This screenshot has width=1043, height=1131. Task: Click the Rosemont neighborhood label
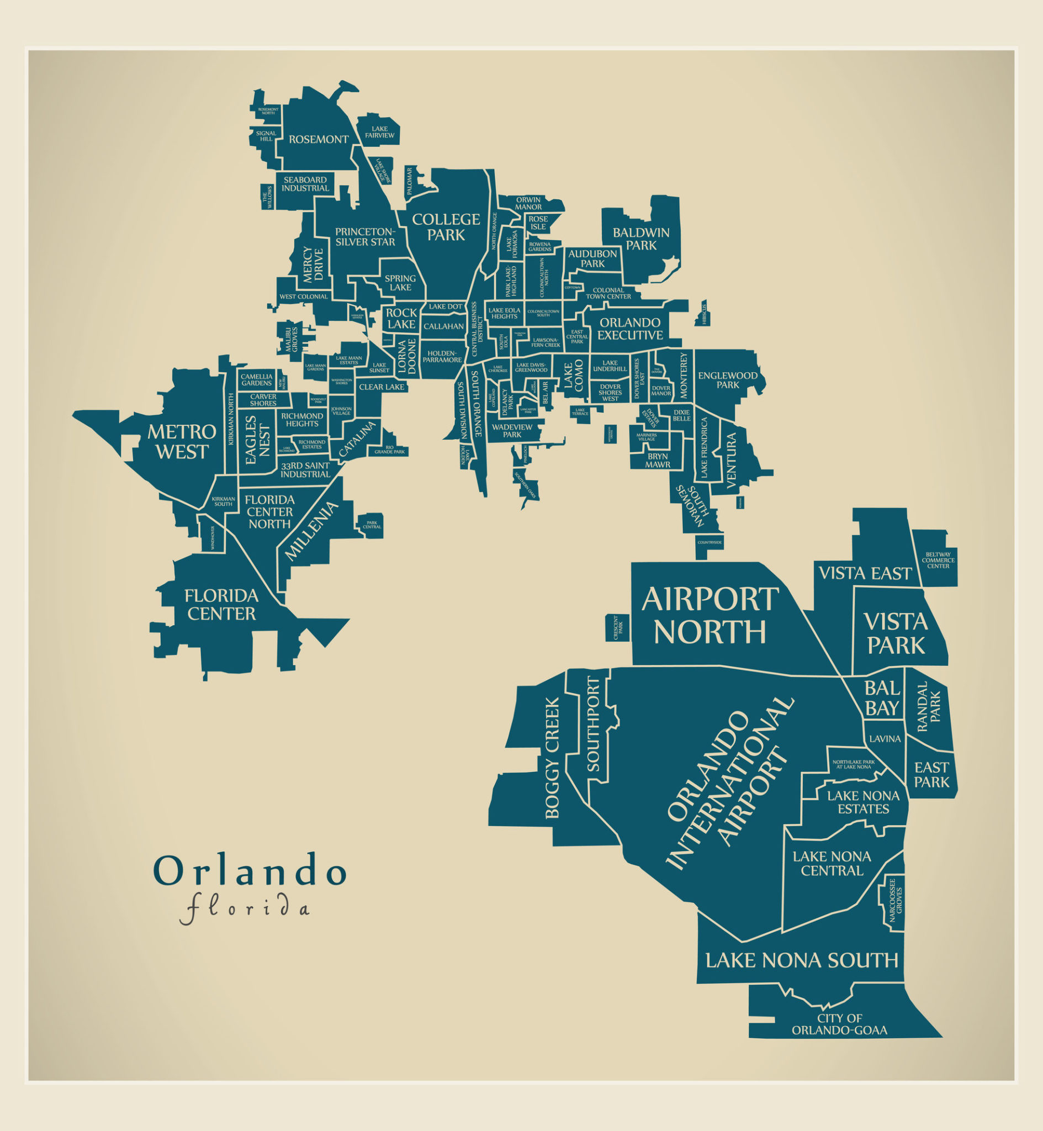tap(319, 139)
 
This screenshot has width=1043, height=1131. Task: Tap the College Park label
tap(446, 227)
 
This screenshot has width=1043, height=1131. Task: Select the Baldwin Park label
tap(641, 239)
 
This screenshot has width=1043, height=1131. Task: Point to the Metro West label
tap(182, 442)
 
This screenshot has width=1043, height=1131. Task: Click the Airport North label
tap(710, 616)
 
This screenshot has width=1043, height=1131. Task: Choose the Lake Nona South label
tap(802, 960)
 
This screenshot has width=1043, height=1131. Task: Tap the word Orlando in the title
tap(250, 871)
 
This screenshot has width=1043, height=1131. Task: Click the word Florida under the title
tap(245, 908)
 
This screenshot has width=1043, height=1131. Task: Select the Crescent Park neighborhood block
tap(618, 627)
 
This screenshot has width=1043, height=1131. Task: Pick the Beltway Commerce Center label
tap(938, 560)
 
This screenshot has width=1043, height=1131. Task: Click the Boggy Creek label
tap(552, 757)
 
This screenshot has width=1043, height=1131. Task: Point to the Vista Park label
tap(896, 633)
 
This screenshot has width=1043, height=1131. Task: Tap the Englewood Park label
tap(728, 380)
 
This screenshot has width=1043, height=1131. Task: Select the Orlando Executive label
tap(630, 329)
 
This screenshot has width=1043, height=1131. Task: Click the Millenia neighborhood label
tap(311, 531)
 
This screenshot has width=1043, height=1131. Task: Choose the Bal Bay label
tap(882, 698)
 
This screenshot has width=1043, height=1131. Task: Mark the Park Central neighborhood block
tap(372, 525)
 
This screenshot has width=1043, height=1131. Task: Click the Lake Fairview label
tap(379, 132)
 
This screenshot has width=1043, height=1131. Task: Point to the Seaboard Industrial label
tap(305, 184)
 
